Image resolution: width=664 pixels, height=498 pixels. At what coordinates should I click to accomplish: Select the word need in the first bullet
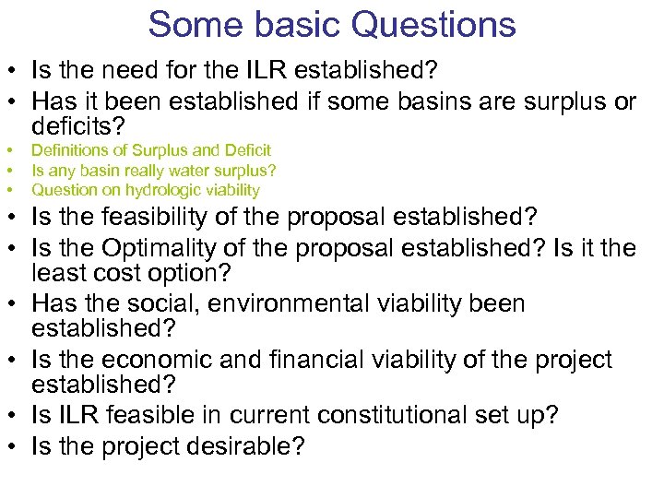point(113,70)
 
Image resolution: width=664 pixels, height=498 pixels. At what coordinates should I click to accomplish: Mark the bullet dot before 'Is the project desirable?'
point(14,446)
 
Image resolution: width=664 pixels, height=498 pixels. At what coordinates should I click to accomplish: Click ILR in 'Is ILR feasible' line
point(76,415)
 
